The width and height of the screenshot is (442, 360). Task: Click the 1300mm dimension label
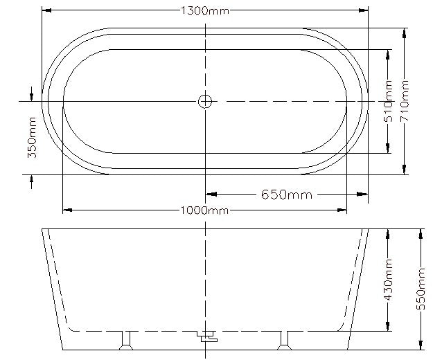pyautogui.click(x=205, y=10)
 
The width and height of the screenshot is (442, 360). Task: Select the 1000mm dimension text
pyautogui.click(x=205, y=210)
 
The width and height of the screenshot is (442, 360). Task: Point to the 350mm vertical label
pyautogui.click(x=32, y=138)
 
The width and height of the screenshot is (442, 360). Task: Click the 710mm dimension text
pyautogui.click(x=405, y=101)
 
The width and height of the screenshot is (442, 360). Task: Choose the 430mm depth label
pyautogui.click(x=389, y=280)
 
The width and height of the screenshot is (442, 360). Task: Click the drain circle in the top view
pyautogui.click(x=205, y=102)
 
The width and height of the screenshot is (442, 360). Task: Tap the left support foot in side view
pyautogui.click(x=126, y=339)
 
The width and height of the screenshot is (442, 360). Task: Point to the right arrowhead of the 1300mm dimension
pyautogui.click(x=363, y=10)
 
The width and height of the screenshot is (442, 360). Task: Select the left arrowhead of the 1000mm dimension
pyautogui.click(x=67, y=210)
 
